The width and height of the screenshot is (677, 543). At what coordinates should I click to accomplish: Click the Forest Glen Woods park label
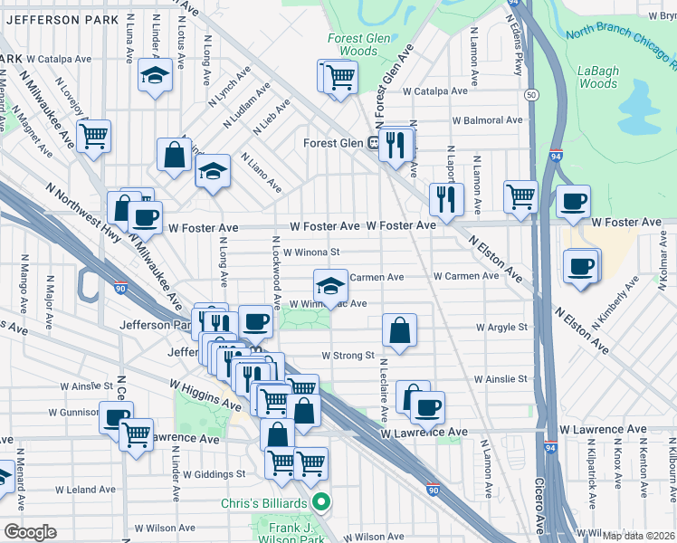(359, 45)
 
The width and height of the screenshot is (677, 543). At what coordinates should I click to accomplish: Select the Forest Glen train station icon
(372, 142)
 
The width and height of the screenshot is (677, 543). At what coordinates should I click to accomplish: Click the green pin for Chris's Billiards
(319, 500)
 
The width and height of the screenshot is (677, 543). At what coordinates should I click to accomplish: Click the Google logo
(31, 531)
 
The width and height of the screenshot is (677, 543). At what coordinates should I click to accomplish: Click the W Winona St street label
(310, 253)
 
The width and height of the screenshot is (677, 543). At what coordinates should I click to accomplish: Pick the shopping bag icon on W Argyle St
(399, 331)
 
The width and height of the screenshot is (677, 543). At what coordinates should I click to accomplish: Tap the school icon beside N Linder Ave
(156, 77)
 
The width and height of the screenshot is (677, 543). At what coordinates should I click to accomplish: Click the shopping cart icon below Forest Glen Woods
(339, 78)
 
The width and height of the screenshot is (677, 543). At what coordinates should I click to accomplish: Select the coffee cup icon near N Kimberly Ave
(580, 266)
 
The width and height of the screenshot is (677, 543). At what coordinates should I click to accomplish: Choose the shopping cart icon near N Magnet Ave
(93, 138)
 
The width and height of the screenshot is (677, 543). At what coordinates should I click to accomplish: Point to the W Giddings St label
(215, 473)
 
